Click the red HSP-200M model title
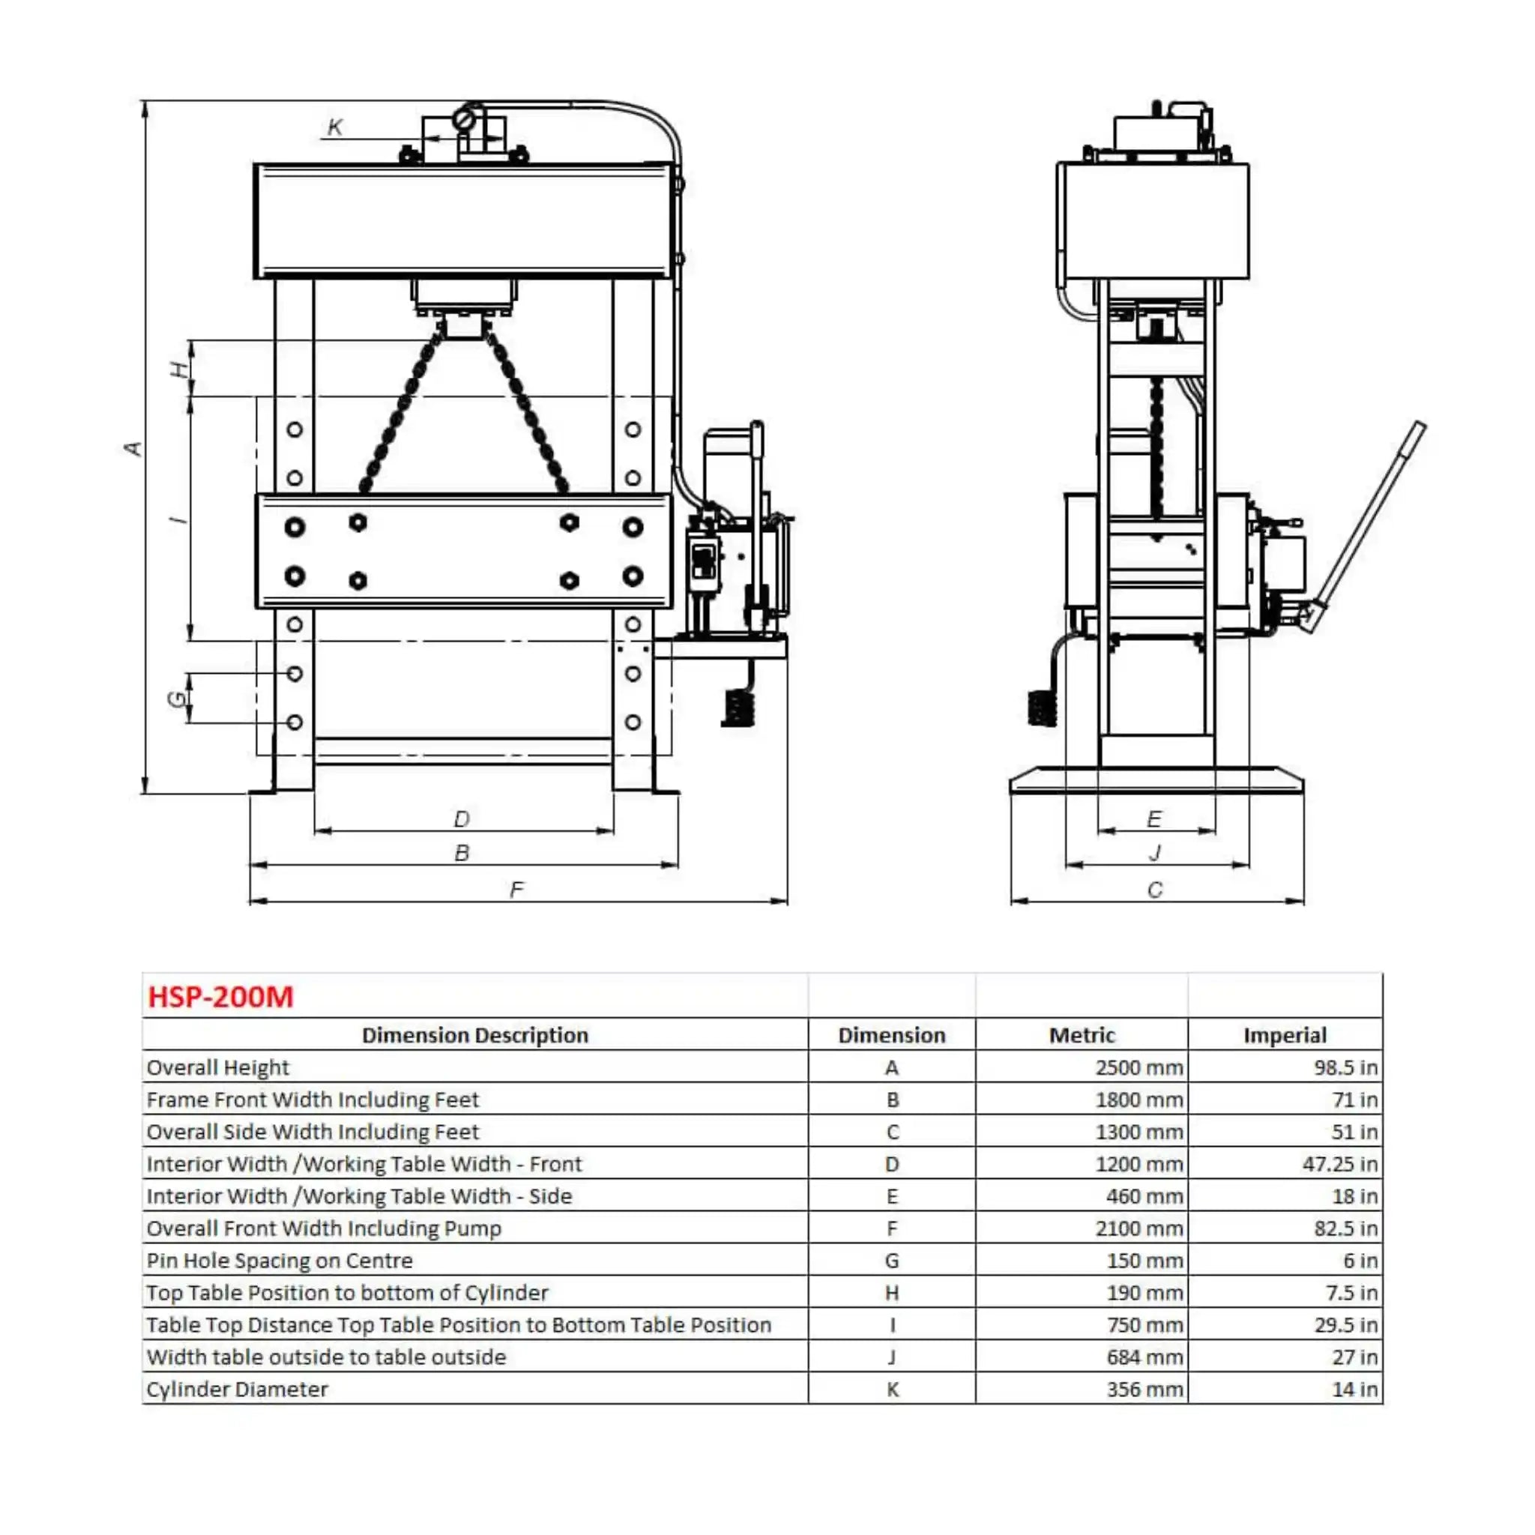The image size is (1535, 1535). (221, 997)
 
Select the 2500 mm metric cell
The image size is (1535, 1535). (1139, 1068)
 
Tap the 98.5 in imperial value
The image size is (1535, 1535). (1345, 1068)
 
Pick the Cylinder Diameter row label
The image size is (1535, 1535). (237, 1390)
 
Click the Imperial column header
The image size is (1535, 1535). (1285, 1035)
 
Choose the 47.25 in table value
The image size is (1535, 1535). (1339, 1164)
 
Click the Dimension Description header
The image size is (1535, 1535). (475, 1035)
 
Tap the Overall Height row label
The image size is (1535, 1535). (217, 1068)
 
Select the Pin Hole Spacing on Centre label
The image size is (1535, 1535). (280, 1261)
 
